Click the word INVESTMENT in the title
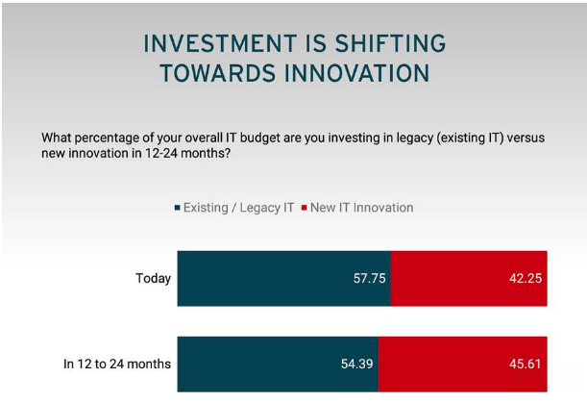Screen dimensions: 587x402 click(221, 43)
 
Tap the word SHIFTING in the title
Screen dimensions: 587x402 click(390, 43)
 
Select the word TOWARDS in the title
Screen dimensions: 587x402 click(218, 73)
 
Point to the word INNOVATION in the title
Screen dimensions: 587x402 click(356, 73)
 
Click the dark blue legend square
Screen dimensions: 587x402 click(178, 208)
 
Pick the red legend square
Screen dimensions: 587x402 click(304, 208)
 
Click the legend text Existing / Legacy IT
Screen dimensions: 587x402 click(239, 208)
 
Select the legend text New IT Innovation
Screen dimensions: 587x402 click(362, 208)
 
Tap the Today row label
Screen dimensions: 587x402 click(153, 278)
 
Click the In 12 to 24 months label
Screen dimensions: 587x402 click(117, 364)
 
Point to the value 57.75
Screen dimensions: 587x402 click(370, 278)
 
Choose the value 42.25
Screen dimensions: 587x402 click(526, 278)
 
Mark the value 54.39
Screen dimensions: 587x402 click(357, 364)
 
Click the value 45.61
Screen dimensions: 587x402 click(526, 364)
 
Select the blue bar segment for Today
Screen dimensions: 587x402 click(284, 278)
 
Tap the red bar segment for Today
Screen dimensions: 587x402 click(469, 278)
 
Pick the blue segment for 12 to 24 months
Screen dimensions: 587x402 click(278, 364)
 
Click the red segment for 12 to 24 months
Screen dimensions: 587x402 click(463, 364)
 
